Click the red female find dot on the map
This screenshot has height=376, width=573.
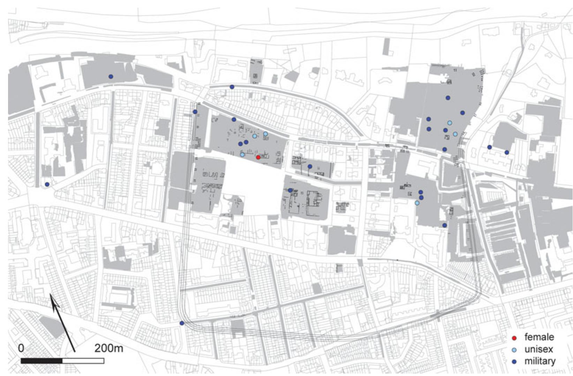click(258, 157)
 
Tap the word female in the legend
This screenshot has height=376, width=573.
click(539, 337)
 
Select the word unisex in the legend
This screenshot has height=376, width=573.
click(538, 349)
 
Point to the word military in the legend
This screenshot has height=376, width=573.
click(540, 361)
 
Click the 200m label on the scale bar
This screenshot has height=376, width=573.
click(108, 348)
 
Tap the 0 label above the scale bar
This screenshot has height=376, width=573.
click(21, 348)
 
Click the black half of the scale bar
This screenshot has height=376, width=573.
click(42, 361)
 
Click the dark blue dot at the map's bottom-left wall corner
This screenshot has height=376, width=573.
click(182, 323)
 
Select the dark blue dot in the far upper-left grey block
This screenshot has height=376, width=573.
click(111, 77)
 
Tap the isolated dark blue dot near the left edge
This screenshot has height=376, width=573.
click(47, 184)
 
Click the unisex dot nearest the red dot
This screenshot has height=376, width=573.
click(242, 154)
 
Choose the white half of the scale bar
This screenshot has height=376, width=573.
click(83, 361)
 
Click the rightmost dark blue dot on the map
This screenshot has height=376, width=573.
click(507, 152)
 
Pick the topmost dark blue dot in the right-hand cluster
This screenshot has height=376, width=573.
click(448, 98)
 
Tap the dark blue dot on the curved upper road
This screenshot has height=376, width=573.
click(232, 87)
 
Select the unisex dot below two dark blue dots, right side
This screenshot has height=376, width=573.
click(417, 203)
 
